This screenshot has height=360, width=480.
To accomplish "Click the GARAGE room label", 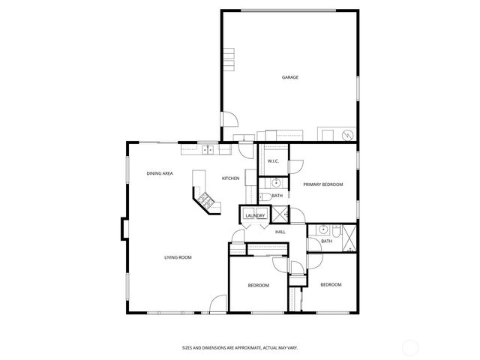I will [x=289, y=77].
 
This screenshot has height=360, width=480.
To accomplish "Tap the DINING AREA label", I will [x=160, y=173].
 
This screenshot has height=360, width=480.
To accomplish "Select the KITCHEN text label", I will [x=230, y=178].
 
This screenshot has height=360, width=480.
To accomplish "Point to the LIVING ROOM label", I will [x=178, y=257].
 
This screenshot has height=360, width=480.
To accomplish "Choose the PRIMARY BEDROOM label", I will [x=322, y=184].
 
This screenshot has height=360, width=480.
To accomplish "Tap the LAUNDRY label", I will [x=255, y=216].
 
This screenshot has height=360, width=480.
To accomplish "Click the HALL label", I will [x=280, y=232].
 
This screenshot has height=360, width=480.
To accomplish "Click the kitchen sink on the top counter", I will [x=208, y=149].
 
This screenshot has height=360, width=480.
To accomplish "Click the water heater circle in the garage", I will [x=346, y=135].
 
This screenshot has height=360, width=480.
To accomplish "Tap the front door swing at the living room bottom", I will [x=218, y=303].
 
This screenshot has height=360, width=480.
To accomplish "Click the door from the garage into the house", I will [x=229, y=119].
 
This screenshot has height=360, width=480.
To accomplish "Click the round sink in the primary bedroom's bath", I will [x=276, y=182].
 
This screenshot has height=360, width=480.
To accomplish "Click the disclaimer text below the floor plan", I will [x=239, y=347].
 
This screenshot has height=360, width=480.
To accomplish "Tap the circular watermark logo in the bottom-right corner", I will [x=412, y=346].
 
